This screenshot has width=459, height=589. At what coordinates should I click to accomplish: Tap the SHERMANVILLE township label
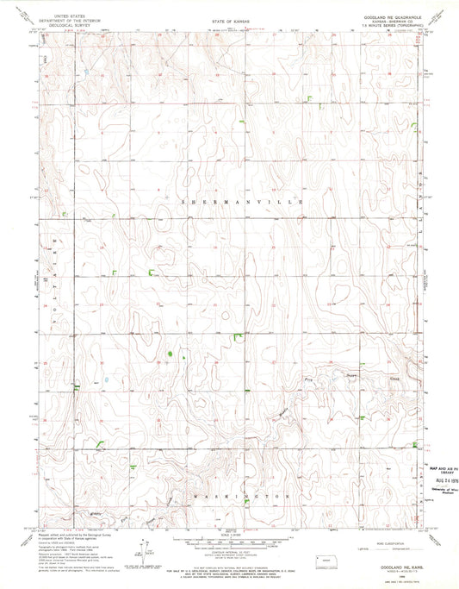[x=230, y=200]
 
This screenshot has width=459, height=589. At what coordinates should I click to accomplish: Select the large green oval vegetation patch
[x=171, y=354]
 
